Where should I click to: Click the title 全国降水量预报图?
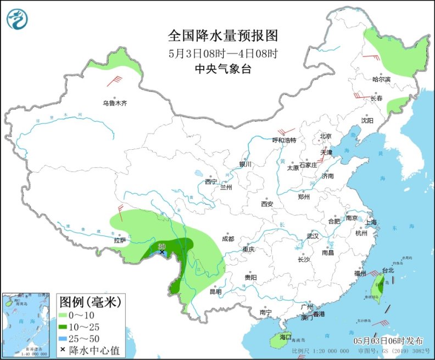tap(223, 36)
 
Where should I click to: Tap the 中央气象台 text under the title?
tap(223, 69)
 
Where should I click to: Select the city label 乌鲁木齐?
tap(114, 103)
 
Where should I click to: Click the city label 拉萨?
tap(120, 240)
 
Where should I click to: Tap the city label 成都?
tap(228, 239)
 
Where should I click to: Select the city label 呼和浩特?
tap(285, 140)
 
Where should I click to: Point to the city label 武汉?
tap(313, 236)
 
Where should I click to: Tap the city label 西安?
tap(267, 204)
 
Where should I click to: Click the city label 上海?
tap(370, 222)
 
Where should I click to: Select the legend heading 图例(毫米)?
tap(90, 301)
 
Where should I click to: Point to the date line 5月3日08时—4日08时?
tap(223, 53)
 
